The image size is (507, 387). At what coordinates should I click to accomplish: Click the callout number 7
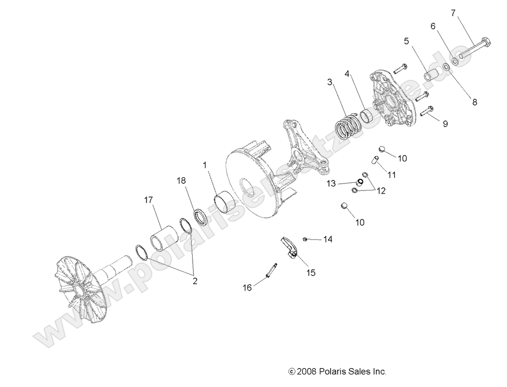click(453, 12)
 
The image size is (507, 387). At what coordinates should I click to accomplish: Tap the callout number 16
click(247, 288)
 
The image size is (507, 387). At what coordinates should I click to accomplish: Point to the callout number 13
click(331, 183)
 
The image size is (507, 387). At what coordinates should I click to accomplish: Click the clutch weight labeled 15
click(291, 247)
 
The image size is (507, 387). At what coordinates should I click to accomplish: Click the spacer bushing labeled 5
click(431, 78)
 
